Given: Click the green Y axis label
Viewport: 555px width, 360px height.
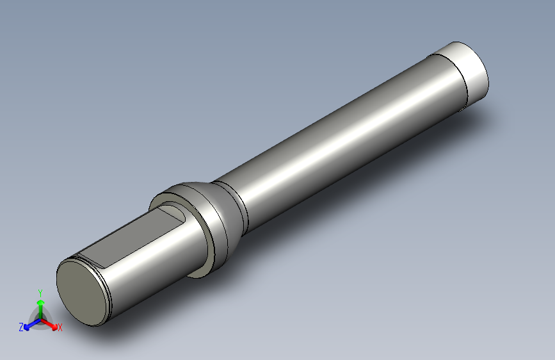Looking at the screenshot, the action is (x=40, y=293).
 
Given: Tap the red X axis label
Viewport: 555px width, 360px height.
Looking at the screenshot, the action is (x=60, y=327).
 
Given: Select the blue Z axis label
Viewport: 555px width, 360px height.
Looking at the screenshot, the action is (x=21, y=327).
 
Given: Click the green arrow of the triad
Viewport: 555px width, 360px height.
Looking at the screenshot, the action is (x=41, y=309).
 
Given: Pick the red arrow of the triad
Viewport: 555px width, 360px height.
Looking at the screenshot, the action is (x=49, y=324).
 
